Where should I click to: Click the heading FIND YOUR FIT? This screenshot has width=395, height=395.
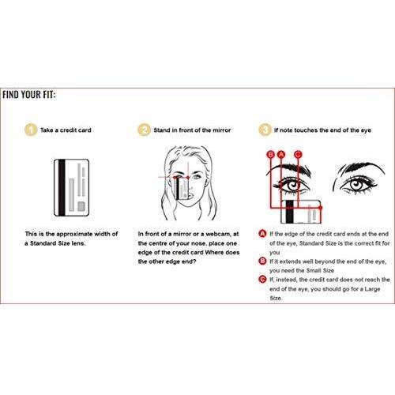tap(29, 95)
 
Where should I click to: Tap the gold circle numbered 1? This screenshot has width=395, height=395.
tap(31, 130)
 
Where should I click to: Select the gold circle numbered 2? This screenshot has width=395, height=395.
tap(144, 130)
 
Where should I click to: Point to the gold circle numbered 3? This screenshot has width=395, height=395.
tap(265, 130)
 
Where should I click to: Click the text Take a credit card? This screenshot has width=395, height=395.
tap(66, 130)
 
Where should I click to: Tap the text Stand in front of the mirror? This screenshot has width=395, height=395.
tap(192, 130)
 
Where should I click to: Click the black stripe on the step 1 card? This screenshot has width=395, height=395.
tap(62, 187)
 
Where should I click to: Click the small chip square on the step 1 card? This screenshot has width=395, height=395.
tap(81, 206)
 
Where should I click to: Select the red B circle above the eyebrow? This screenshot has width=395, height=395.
tap(271, 154)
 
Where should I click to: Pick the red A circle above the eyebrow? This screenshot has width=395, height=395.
tap(281, 154)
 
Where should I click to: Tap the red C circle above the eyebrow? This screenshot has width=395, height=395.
tap(298, 154)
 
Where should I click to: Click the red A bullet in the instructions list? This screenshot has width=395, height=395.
tap(263, 234)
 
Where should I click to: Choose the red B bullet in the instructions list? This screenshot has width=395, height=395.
tap(263, 261)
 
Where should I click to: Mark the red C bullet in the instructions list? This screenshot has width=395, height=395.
tap(263, 280)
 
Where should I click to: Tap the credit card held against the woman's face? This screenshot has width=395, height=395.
tap(182, 188)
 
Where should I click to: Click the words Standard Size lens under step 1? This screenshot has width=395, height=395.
tap(58, 243)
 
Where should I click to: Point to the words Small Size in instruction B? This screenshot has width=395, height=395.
tap(320, 270)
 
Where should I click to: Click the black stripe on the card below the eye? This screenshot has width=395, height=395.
tap(290, 212)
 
